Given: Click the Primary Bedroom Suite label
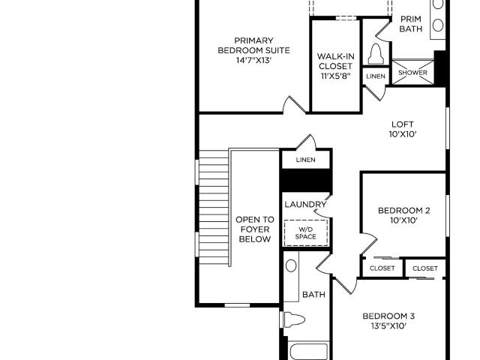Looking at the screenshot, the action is tap(253, 45).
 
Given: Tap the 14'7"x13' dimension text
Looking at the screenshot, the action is tap(253, 60).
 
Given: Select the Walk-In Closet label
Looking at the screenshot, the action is tap(335, 61).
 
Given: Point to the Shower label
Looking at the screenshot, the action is tap(412, 73).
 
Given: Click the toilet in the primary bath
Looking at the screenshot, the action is tap(376, 54).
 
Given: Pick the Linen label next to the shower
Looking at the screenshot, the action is tap(376, 76).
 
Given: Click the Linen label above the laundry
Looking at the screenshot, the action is tap(305, 160).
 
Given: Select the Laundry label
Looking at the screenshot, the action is tap(305, 204).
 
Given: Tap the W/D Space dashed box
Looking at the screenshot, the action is tap(306, 232).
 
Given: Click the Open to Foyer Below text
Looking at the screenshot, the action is tap(255, 229).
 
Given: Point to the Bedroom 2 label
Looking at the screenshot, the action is tap(403, 211).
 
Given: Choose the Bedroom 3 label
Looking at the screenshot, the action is tap(388, 316).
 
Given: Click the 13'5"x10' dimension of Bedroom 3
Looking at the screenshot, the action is tap(388, 326).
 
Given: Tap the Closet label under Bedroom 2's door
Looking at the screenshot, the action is tap(382, 268).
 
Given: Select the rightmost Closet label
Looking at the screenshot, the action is tap(425, 268).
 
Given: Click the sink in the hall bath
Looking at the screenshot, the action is tap(291, 265).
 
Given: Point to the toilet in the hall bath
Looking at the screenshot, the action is tap(294, 320).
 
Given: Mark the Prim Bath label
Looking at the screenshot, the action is tap(411, 24).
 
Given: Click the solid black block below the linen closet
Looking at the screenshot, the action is tap(307, 181).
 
